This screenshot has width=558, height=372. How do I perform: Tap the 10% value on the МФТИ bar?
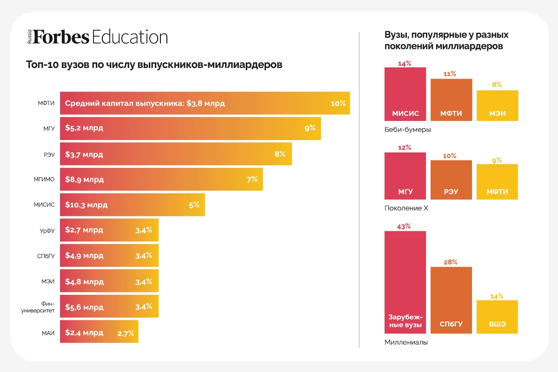click(x=338, y=103)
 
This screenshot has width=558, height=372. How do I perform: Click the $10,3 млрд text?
click(x=86, y=205)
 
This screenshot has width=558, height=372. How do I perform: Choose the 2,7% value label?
click(x=126, y=333)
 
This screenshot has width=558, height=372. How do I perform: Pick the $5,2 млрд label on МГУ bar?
click(x=84, y=128)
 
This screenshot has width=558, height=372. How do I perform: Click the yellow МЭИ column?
click(x=497, y=106)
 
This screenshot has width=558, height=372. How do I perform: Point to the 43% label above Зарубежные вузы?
click(x=404, y=226)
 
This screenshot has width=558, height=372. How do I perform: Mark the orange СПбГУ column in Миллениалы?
click(x=451, y=300)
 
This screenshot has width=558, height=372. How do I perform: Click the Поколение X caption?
click(x=406, y=208)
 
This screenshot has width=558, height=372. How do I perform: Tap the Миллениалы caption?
click(x=406, y=342)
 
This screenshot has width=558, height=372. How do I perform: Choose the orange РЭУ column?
click(x=451, y=180)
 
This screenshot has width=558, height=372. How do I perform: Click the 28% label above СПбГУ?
click(x=451, y=262)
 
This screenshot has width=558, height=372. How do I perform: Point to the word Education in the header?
click(x=130, y=37)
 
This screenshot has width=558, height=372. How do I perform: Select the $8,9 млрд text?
click(x=85, y=179)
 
